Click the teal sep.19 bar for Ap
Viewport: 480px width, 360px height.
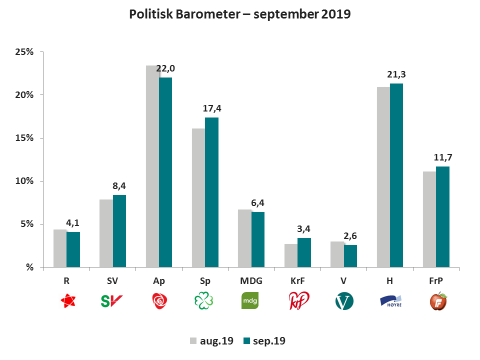165,172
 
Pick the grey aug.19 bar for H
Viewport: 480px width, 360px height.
383,177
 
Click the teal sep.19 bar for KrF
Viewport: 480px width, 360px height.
304,252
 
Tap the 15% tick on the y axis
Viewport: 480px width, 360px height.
23,138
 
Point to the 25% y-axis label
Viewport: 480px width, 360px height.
23,52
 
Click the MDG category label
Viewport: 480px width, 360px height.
251,281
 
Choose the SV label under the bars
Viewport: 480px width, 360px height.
112,281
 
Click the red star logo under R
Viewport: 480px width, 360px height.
67,300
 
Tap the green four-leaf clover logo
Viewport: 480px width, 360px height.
205,300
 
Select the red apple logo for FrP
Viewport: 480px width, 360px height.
438,301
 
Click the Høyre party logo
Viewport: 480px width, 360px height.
391,301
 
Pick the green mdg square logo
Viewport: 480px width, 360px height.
251,301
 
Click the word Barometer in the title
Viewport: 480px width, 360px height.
207,14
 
